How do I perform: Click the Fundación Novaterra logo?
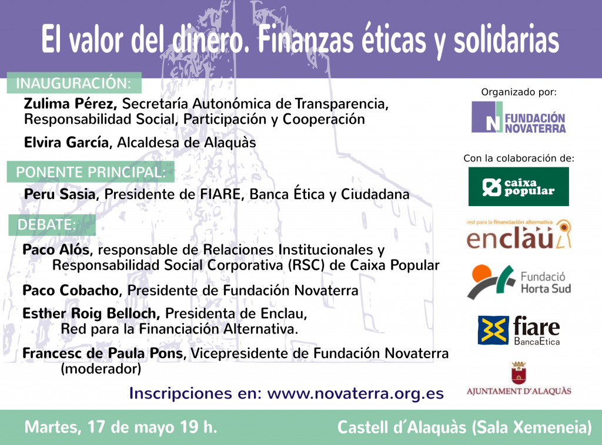pyautogui.click(x=519, y=117)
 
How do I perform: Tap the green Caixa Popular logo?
pyautogui.click(x=519, y=187)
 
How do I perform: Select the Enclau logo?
pyautogui.click(x=519, y=234)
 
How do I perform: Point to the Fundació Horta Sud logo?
pyautogui.click(x=519, y=282)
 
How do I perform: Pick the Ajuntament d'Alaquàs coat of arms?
pyautogui.click(x=519, y=373)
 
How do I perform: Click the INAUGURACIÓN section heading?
pyautogui.click(x=73, y=83)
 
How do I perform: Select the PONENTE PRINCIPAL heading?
pyautogui.click(x=91, y=172)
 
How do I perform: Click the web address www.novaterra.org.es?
pyautogui.click(x=356, y=394)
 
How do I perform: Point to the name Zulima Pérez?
pyautogui.click(x=71, y=104)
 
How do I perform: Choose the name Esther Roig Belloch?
pyautogui.click(x=91, y=313)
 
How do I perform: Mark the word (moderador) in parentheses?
pyautogui.click(x=101, y=369)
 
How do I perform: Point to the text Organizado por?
pyautogui.click(x=519, y=92)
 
